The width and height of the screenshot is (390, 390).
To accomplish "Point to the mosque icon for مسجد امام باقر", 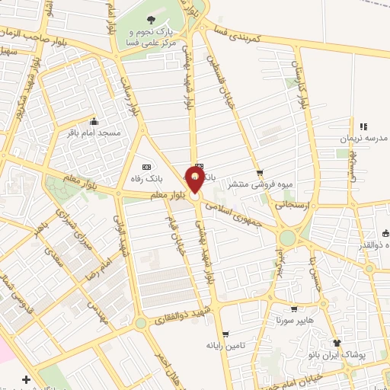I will [94, 121].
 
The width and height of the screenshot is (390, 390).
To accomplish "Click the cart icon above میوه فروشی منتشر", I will [259, 173].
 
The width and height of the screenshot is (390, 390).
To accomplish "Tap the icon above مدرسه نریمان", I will [363, 126].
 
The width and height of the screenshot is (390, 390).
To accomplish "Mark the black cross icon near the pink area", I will [27, 379].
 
